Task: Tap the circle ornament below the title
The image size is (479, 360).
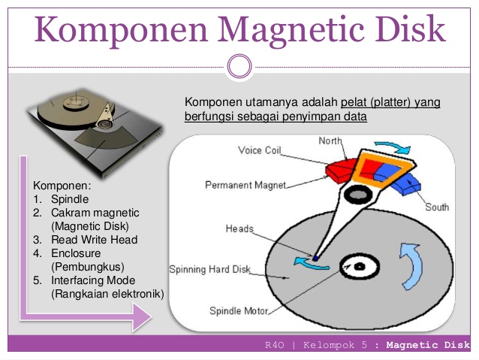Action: (239, 66)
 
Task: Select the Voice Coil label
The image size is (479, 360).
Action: (260, 150)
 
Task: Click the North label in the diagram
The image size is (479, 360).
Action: (330, 141)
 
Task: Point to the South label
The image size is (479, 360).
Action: (437, 207)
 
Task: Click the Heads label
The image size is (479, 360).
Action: (239, 228)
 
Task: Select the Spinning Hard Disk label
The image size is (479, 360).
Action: (209, 268)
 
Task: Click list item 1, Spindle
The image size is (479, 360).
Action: (69, 199)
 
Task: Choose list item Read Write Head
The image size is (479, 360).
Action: (94, 240)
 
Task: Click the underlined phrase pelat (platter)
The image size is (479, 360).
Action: (378, 102)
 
